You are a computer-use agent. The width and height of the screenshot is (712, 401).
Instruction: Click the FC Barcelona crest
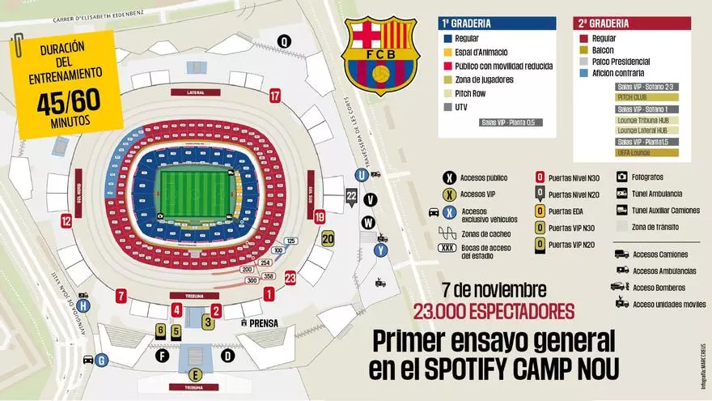379,54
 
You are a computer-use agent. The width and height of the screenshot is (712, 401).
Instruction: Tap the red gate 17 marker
276,96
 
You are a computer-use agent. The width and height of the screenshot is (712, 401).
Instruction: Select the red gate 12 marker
66,220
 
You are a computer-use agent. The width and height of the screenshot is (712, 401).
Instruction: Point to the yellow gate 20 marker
328,238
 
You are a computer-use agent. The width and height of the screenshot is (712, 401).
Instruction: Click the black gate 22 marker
351,196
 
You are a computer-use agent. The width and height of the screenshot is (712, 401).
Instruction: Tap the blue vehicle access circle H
83,305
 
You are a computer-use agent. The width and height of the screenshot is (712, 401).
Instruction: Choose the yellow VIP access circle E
194,374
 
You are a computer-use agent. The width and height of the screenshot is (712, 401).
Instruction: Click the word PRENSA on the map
264,322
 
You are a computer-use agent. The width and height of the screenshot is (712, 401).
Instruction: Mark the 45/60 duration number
68,102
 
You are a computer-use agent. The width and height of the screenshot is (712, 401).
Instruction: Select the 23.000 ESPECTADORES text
494,311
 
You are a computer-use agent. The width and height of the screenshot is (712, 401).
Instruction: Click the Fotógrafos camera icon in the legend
623,176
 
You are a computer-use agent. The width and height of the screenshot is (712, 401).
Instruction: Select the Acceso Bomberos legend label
659,288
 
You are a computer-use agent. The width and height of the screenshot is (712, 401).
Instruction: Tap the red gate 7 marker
121,295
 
